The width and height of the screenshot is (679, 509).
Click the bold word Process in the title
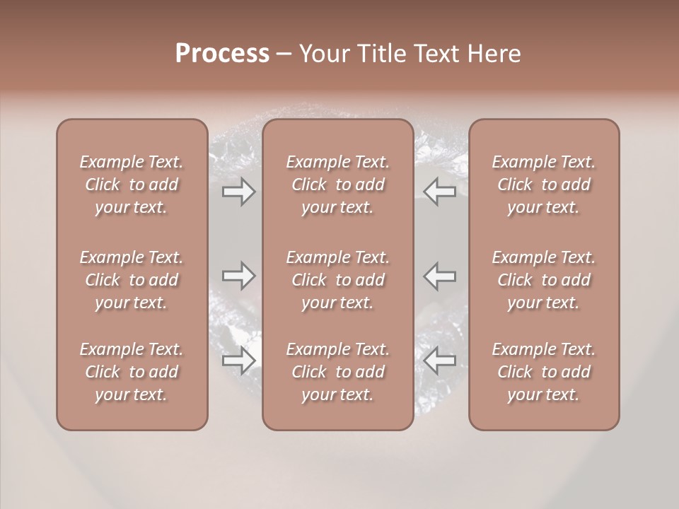[x=222, y=54]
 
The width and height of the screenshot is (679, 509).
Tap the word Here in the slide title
[x=494, y=54]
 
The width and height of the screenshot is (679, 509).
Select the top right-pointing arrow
[x=238, y=192]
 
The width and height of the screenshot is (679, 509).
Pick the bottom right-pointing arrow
[x=238, y=361]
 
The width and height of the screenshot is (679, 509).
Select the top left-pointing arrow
[x=440, y=192]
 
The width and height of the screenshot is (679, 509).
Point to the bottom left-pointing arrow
[x=440, y=361]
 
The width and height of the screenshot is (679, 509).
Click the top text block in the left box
[x=132, y=185]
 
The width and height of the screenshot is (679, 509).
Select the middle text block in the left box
[x=132, y=280]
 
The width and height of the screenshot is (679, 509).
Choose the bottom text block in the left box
[x=132, y=372]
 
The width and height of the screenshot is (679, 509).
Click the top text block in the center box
[x=338, y=185]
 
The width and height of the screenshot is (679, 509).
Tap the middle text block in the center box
[x=338, y=280]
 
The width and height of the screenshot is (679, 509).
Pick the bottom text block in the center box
[x=338, y=372]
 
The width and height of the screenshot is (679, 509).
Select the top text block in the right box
[x=544, y=185]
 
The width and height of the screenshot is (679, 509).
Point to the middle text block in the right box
[x=544, y=280]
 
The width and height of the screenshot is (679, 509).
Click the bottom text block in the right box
[x=544, y=372]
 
